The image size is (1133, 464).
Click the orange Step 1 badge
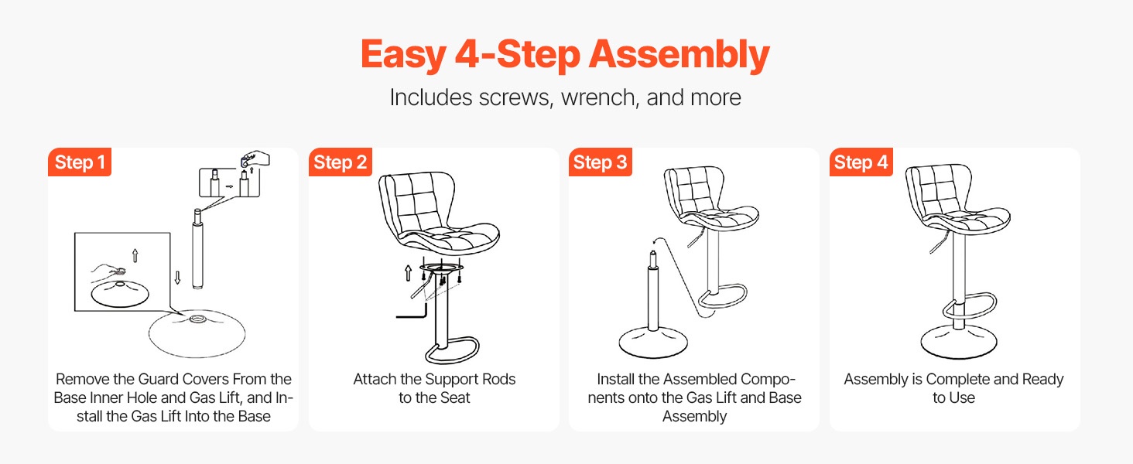pyautogui.click(x=80, y=162)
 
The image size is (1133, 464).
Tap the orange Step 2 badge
pyautogui.click(x=340, y=162)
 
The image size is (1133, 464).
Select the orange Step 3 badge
pyautogui.click(x=601, y=162)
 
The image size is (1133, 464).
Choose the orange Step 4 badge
pyautogui.click(x=861, y=162)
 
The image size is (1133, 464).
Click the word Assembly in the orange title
pyautogui.click(x=679, y=55)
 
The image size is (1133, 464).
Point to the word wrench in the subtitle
pyautogui.click(x=597, y=97)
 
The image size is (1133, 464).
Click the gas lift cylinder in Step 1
pyautogui.click(x=198, y=249)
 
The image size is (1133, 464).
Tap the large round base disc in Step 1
pyautogui.click(x=197, y=333)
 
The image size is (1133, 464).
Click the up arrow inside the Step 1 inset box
pyautogui.click(x=135, y=255)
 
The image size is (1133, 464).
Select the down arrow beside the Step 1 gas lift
pyautogui.click(x=177, y=278)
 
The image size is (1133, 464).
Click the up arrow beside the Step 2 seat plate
pyautogui.click(x=408, y=272)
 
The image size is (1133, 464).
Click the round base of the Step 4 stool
pyautogui.click(x=959, y=342)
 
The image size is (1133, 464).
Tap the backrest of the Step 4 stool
pyautogui.click(x=937, y=190)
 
